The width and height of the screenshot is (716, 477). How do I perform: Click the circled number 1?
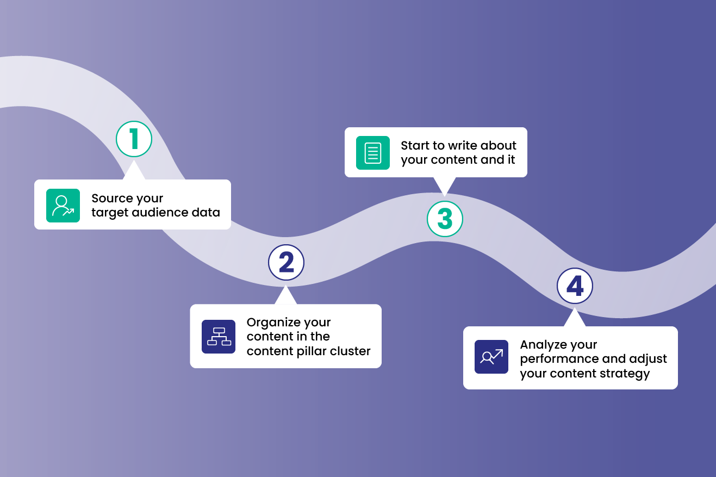pos(134,139)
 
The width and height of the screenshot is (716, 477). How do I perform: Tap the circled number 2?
pos(286,263)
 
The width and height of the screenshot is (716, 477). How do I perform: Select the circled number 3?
pos(445,219)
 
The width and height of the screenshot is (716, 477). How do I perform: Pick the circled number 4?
pos(575,286)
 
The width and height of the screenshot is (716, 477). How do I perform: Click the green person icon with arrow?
pos(63,206)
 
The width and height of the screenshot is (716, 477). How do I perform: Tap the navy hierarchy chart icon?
pos(219,337)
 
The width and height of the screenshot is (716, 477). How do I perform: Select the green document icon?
pos(373,153)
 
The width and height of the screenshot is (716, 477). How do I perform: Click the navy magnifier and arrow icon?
pos(491,357)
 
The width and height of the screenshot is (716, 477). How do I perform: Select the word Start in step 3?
pos(415,146)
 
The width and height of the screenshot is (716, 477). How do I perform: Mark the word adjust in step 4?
pos(650,360)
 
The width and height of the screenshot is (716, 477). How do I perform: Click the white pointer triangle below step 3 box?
pos(445,185)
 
